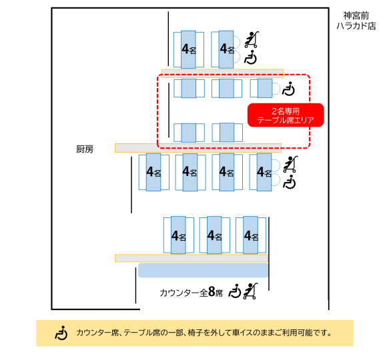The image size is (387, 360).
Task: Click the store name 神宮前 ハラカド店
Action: (356, 21)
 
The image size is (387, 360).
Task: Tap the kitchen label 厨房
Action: (85, 149)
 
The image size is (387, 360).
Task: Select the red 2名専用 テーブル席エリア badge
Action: (286, 115)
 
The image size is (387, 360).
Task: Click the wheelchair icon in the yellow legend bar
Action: (61, 333)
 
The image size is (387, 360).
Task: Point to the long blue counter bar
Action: (203, 270)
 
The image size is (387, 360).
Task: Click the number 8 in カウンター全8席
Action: (212, 292)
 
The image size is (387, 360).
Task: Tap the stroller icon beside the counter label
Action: (250, 291)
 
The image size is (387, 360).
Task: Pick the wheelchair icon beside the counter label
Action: (235, 291)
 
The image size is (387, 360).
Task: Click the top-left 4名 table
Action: (189, 49)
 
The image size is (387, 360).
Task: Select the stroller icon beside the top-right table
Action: (252, 39)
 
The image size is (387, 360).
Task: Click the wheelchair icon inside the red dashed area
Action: (288, 89)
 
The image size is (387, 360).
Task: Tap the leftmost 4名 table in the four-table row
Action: (153, 172)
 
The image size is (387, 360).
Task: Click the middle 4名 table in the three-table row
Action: (214, 235)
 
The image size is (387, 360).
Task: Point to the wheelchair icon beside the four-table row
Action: (290, 182)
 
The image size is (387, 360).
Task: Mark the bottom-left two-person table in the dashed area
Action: (189, 133)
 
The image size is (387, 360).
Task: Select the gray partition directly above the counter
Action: (191, 258)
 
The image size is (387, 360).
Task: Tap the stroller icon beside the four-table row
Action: (290, 164)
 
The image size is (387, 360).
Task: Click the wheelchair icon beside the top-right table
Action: (250, 57)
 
